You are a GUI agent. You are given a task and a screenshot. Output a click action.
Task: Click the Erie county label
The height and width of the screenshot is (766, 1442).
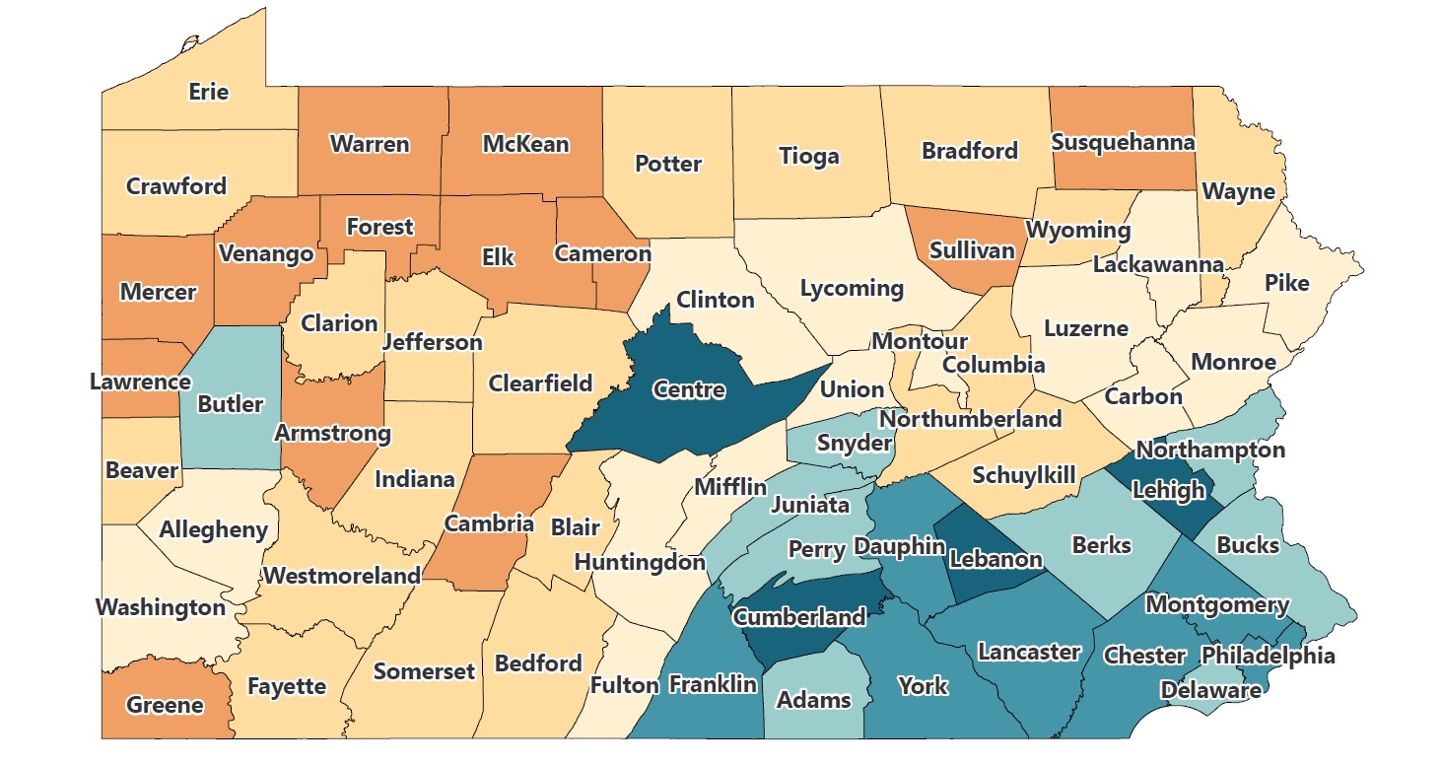click(x=208, y=92)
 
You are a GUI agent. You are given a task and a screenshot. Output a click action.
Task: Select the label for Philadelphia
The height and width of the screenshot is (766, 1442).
click(x=1268, y=656)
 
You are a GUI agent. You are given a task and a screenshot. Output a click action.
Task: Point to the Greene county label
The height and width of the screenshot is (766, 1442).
click(x=165, y=705)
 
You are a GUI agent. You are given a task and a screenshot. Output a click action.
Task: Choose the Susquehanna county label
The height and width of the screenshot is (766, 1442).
click(x=1123, y=141)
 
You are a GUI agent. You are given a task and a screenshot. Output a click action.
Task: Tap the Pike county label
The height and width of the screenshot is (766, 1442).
click(x=1286, y=283)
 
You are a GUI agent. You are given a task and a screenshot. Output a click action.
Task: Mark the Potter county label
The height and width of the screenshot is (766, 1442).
click(x=668, y=164)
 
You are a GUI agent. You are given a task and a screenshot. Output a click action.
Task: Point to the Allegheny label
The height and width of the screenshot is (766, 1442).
click(x=214, y=529)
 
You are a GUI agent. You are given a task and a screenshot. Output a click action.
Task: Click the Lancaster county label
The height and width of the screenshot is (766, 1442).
click(x=1029, y=652)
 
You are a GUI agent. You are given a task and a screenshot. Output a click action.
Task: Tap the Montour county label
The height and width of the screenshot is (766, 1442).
click(x=919, y=341)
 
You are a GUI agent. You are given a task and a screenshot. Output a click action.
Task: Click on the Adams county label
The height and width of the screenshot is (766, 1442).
click(x=813, y=700)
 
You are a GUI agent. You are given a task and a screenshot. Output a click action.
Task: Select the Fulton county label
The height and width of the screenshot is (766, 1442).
click(x=625, y=684)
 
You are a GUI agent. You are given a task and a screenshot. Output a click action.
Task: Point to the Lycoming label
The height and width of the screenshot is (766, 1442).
click(x=852, y=288)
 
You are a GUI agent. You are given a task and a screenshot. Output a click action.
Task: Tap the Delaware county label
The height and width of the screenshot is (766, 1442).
click(x=1210, y=690)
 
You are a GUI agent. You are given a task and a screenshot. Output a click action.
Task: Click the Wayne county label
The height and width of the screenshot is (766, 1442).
click(x=1239, y=191)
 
